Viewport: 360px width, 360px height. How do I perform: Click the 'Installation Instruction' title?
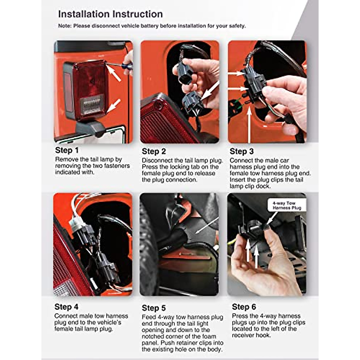point(110,14)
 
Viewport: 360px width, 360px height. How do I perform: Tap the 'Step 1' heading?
point(67,150)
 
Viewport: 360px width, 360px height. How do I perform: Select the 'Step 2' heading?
point(154,151)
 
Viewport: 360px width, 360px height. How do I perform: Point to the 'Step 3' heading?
point(241,151)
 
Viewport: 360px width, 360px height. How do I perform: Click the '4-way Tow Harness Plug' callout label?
point(287,205)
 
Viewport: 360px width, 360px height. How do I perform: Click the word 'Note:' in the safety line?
point(65,26)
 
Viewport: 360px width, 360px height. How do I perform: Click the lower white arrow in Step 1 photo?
point(113,106)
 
